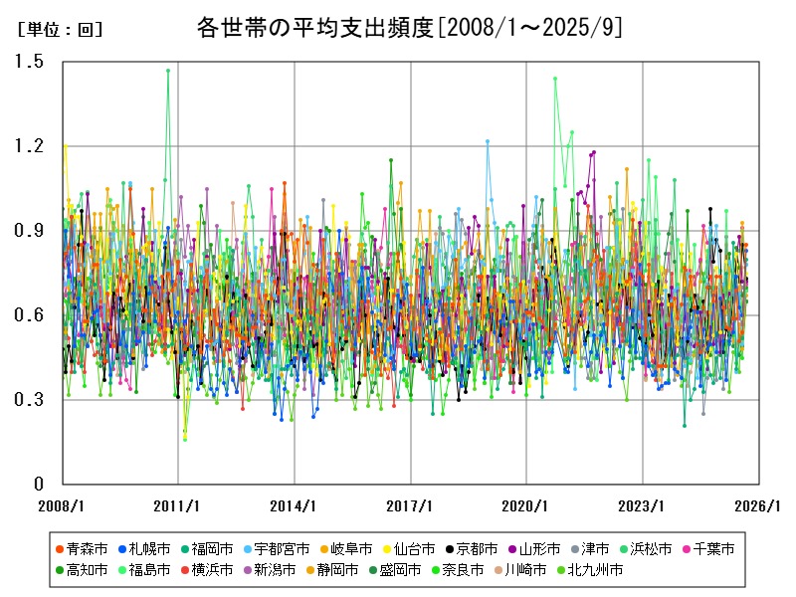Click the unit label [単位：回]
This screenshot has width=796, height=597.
click(61, 30)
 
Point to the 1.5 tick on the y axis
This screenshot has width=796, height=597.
click(29, 62)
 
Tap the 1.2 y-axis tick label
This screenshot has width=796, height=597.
click(29, 146)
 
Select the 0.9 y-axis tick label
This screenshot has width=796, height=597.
click(29, 231)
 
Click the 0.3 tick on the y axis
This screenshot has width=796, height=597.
click(29, 400)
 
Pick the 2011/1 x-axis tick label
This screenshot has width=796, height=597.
click(178, 505)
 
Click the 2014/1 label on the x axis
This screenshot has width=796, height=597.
click(295, 505)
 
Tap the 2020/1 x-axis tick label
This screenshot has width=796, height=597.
click(526, 505)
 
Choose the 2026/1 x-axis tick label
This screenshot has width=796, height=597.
click(758, 505)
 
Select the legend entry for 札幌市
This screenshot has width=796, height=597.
click(143, 549)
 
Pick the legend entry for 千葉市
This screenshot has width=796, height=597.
click(707, 549)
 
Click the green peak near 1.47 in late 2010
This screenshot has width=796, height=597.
click(168, 71)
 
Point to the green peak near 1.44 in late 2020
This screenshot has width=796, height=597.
click(555, 79)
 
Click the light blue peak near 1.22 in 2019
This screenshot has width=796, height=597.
click(488, 141)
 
